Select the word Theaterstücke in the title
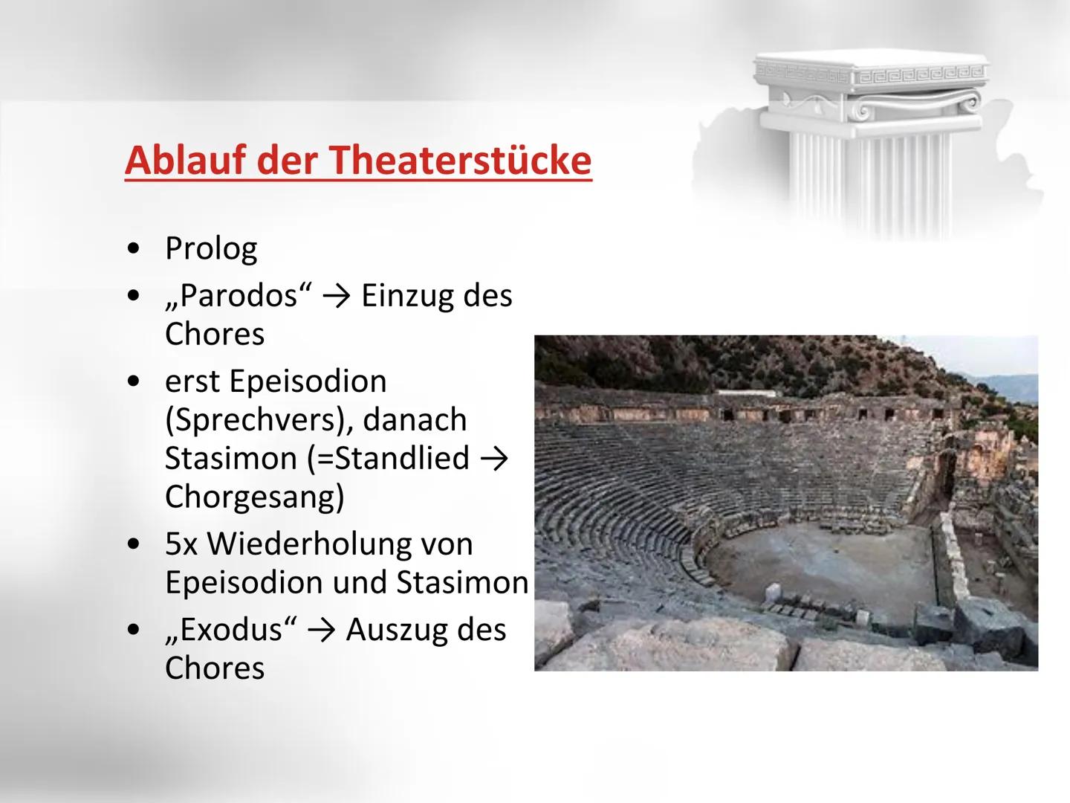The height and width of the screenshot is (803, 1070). click(x=460, y=160)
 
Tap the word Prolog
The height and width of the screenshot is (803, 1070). click(x=211, y=248)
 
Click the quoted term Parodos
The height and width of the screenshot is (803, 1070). click(x=239, y=296)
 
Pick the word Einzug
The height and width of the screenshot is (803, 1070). click(x=406, y=296)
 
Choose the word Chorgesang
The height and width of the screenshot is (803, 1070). click(x=254, y=497)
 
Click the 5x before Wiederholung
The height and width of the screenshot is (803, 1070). click(x=181, y=544)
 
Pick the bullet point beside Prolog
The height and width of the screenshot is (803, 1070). click(x=133, y=249)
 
